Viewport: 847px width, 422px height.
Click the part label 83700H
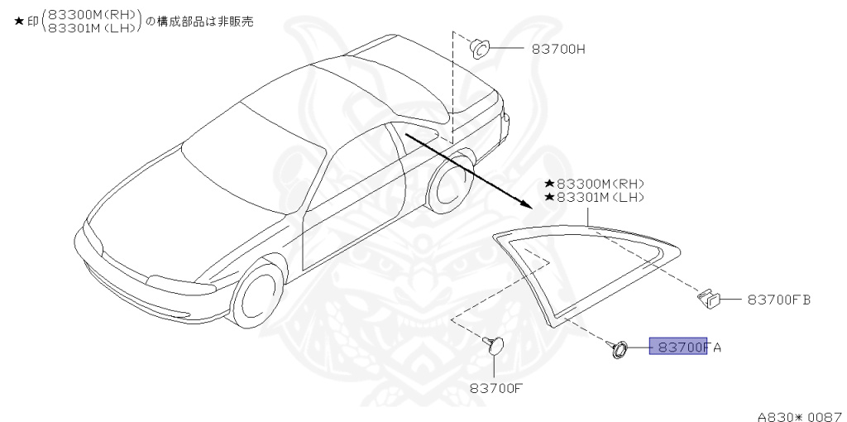pos(558,49)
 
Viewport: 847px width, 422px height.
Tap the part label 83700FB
pos(778,299)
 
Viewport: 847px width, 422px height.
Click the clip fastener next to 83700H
pos(479,48)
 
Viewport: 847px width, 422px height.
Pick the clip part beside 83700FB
pos(709,298)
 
